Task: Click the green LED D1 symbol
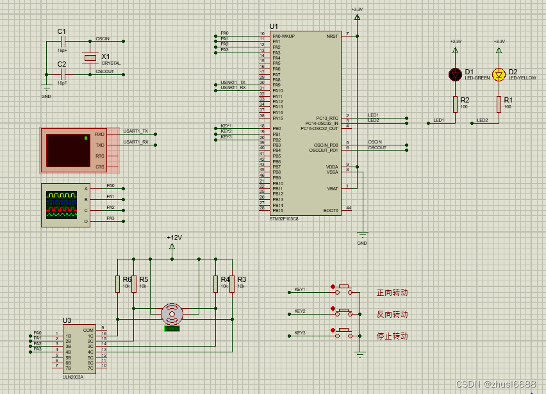click(456, 74)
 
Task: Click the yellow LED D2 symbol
click(499, 74)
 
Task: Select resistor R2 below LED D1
click(456, 104)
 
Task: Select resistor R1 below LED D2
click(499, 104)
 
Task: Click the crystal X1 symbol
click(90, 58)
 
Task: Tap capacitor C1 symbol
click(62, 42)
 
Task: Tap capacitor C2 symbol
click(62, 74)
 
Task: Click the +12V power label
click(174, 238)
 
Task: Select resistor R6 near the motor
click(117, 284)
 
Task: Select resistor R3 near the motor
click(231, 284)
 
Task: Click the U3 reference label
click(67, 320)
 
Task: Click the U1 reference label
click(274, 26)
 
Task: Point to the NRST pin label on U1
click(332, 36)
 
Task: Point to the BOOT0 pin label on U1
click(331, 210)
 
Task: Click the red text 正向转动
click(392, 293)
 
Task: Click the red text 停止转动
click(392, 336)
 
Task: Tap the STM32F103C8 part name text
click(284, 218)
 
